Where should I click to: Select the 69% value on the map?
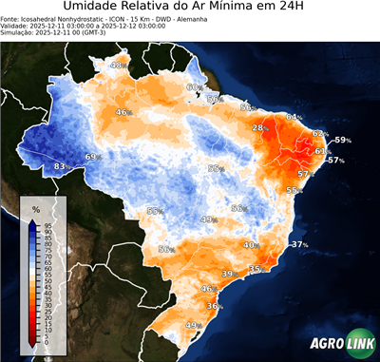(93, 157)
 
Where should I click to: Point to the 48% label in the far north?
(119, 66)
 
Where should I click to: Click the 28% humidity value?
(259, 127)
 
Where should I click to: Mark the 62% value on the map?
(320, 134)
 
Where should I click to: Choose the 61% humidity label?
(322, 151)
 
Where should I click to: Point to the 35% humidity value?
(256, 270)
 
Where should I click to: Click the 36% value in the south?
(215, 306)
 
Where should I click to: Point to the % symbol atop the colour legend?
(35, 208)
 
